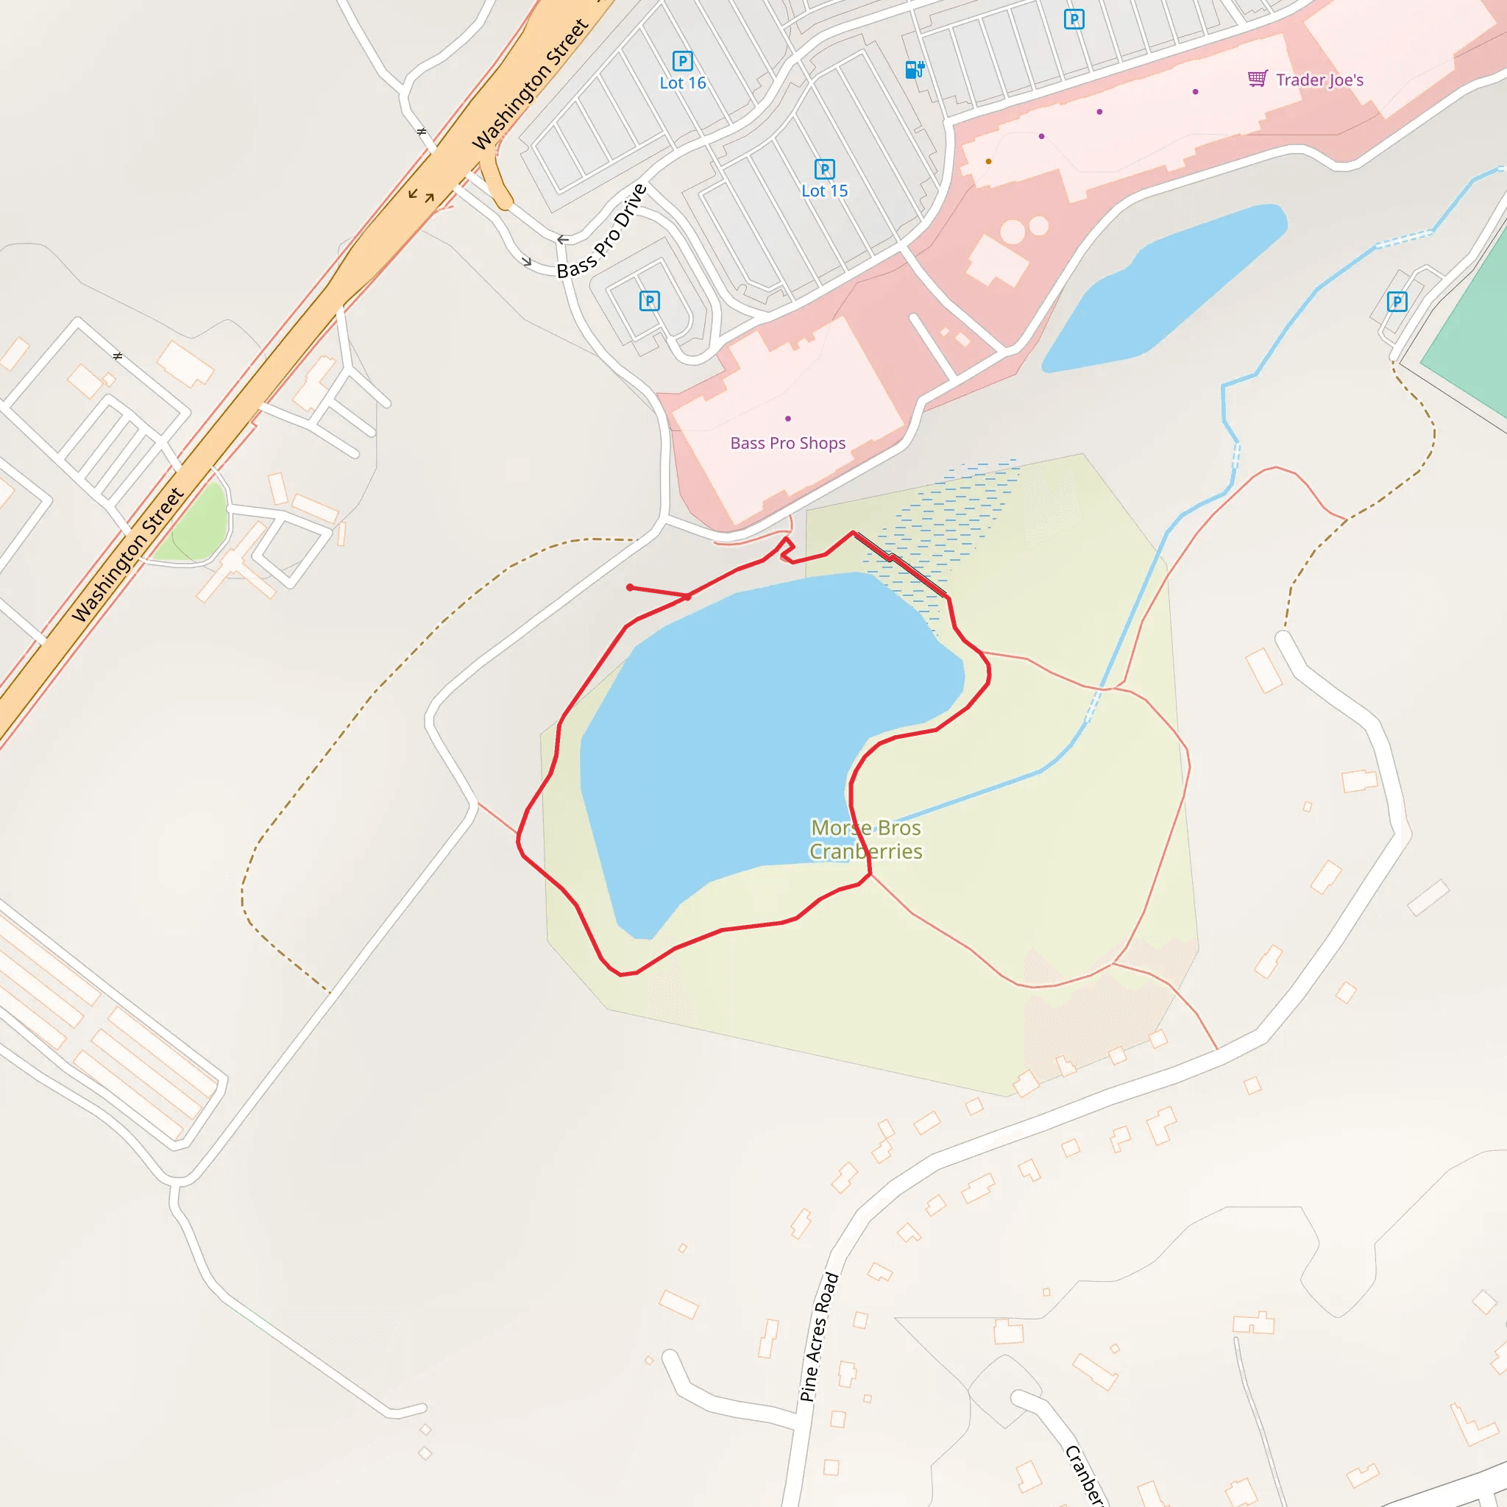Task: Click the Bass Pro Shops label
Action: click(788, 443)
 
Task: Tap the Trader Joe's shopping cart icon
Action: click(1257, 79)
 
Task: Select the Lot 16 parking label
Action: click(683, 82)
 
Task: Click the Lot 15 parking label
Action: click(824, 191)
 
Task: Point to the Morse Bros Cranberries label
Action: click(866, 840)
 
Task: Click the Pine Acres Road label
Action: click(819, 1337)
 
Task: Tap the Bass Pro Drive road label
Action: click(602, 231)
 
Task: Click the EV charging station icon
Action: click(914, 69)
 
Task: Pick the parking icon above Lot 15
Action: click(824, 169)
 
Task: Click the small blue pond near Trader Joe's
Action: click(1162, 288)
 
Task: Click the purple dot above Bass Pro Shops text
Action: click(788, 419)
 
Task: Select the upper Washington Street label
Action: click(531, 84)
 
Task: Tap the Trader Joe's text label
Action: click(1320, 79)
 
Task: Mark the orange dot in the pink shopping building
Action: click(988, 161)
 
